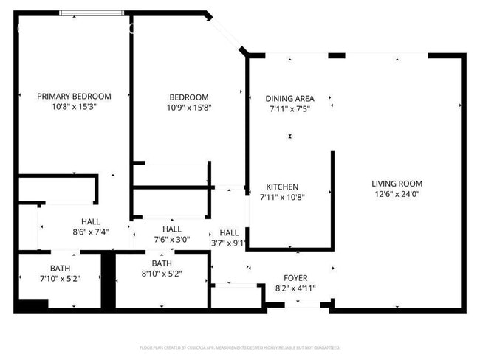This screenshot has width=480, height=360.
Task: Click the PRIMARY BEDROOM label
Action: coord(74,96)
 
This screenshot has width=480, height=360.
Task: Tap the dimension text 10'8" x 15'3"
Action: coord(74,106)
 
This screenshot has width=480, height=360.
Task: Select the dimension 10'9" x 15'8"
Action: coord(189,108)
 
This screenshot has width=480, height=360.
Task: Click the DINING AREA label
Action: coord(289,98)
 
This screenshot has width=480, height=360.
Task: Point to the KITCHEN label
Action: coord(282,187)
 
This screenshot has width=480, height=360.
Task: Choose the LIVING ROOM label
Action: coord(397,184)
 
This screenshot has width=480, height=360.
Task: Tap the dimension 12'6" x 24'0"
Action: coord(397,194)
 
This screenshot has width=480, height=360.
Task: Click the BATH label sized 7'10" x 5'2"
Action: coord(61,267)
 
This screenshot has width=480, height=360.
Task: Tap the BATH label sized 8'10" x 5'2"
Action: coord(162,263)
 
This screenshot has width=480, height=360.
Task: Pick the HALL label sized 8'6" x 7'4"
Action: coord(91,221)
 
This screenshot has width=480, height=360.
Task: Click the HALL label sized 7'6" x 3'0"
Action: coord(172,229)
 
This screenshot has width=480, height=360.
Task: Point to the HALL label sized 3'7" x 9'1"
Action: coord(229,232)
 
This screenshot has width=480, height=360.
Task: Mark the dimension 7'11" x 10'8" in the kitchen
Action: coord(282,198)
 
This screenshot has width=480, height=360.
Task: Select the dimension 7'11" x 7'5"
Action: coord(289,108)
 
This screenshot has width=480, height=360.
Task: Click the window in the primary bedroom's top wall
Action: coord(92,13)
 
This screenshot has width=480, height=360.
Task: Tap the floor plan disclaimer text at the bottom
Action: coord(240,347)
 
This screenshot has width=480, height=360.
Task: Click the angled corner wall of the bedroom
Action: coord(227,32)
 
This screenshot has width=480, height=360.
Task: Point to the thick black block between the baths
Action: coord(109,280)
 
